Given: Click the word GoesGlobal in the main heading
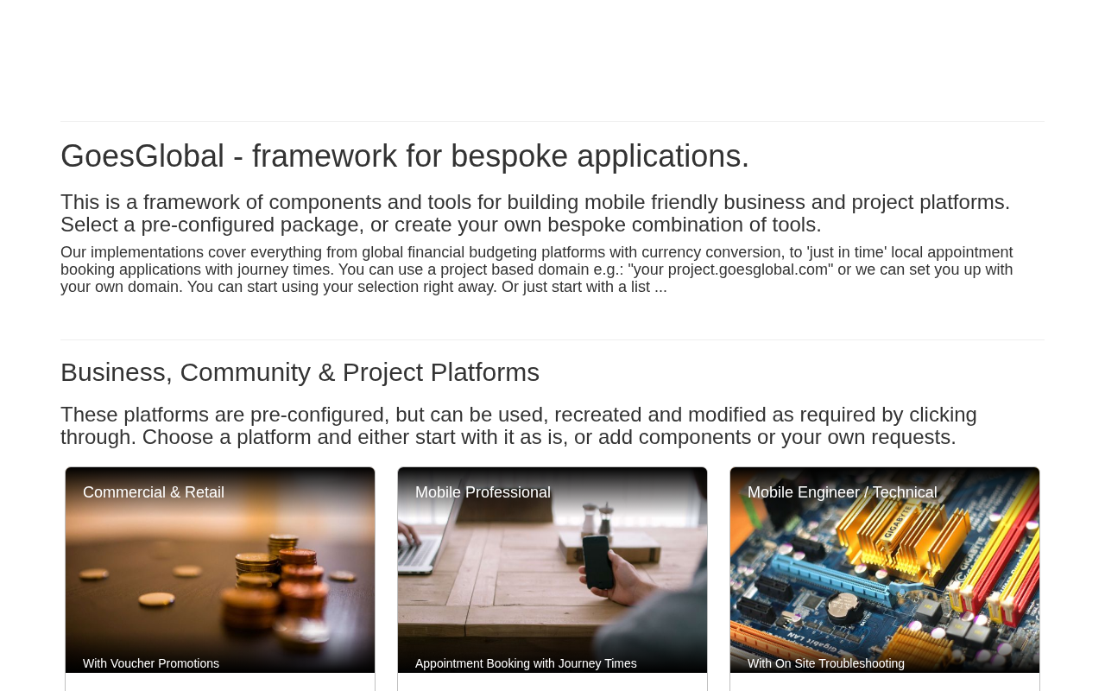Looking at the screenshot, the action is point(142,156).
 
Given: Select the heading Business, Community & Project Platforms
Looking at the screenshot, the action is point(300,372).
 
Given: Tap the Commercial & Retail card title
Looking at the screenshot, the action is point(154,492).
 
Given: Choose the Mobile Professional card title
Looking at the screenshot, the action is point(483,492).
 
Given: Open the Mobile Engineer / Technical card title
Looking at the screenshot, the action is point(842,492).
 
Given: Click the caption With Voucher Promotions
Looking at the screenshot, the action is point(151,663).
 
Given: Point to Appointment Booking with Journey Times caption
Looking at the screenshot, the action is point(526,663).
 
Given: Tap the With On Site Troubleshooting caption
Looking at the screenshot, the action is point(826,663).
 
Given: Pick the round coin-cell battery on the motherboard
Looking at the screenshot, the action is point(843,605).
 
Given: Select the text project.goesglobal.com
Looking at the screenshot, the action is point(748,270).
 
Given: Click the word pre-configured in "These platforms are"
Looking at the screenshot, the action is point(317,415).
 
